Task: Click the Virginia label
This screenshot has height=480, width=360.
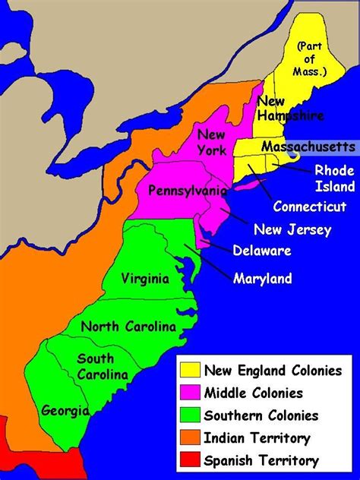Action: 145,279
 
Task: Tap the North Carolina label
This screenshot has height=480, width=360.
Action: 128,327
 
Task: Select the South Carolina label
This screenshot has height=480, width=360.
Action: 96,366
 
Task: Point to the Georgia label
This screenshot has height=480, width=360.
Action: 65,411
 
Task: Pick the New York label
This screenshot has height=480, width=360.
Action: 212,142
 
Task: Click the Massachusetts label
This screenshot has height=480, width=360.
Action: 307,146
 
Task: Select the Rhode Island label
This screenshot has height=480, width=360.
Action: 334,178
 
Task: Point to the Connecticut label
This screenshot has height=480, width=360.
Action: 310,206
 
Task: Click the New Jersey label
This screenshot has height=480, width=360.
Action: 292,230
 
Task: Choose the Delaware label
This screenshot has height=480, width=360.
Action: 261,251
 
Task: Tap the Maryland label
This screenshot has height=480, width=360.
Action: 262,279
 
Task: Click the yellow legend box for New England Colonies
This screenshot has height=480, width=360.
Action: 191,371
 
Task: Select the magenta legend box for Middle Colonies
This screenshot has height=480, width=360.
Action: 191,393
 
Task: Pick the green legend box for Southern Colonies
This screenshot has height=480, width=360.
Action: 191,415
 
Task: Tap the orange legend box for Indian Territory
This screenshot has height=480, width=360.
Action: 191,438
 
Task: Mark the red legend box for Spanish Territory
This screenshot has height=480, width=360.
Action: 191,460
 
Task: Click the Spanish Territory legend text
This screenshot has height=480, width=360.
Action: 261,460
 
